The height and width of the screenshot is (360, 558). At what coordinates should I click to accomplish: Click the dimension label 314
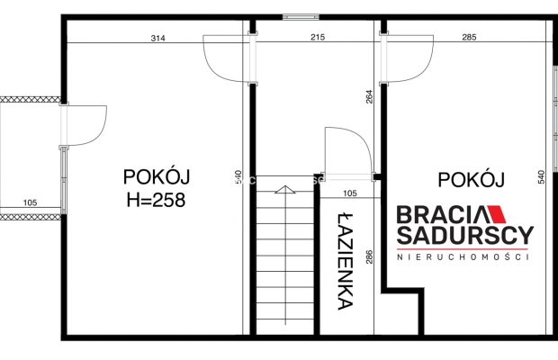pos(158,38)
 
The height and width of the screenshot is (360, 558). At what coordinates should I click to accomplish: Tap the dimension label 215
pos(318,37)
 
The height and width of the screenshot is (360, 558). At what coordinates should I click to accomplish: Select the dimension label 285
pos(469,37)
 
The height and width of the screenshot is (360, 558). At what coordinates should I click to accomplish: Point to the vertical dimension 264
pos(369,96)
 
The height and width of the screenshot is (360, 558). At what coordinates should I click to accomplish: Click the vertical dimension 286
pos(369,256)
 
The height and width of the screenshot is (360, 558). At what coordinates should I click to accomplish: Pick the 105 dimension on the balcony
pos(30,202)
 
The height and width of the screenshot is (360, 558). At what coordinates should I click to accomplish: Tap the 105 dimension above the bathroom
pos(350,193)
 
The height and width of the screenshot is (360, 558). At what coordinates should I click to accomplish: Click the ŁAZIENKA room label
pos(346,262)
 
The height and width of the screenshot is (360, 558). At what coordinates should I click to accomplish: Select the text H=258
pos(157,200)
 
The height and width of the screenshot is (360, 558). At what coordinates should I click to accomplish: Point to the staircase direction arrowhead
pos(285,190)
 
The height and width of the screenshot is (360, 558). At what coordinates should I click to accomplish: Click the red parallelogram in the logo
pos(496,214)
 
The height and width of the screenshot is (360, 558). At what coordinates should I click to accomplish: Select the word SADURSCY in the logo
pos(465,235)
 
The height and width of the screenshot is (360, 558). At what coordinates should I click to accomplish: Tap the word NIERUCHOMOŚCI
pos(463,256)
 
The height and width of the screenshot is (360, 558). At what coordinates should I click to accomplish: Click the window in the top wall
pos(301,17)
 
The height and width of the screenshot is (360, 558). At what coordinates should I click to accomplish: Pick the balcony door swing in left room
pos(102,131)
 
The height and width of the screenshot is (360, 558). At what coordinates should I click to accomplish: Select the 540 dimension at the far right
pos(541,176)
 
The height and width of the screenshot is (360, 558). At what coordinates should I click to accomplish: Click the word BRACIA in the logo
pos(441,214)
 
